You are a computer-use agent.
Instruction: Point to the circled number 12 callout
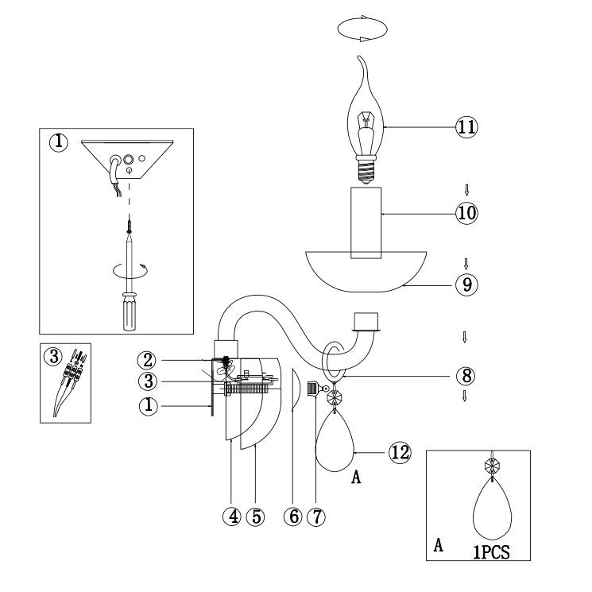coord(400,451)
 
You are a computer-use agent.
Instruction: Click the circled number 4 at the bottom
coord(232,516)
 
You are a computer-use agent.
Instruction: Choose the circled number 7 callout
coord(316,516)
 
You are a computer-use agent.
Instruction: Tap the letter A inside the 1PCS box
coord(439,548)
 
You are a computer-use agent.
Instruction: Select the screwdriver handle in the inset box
coord(127,311)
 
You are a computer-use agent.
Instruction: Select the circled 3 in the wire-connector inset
coord(54,356)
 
